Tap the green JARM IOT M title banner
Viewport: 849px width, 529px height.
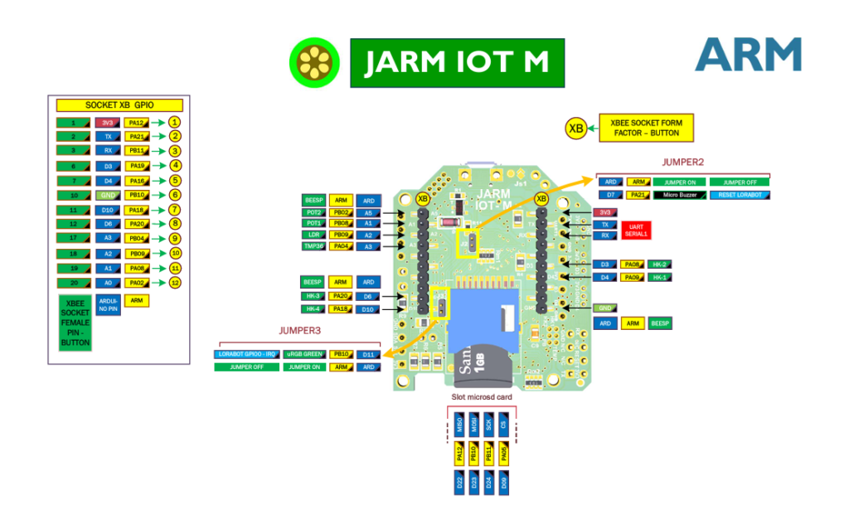pos(457,63)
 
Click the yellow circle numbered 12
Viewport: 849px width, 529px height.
pos(174,282)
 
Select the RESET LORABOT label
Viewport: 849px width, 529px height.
pos(740,195)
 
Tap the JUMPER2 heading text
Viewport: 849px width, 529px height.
pos(684,162)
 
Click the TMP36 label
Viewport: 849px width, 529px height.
pos(313,246)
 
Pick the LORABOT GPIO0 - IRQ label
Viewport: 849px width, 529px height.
pos(247,354)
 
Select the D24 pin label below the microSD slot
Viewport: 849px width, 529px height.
pos(490,483)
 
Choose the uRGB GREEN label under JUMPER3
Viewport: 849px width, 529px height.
pos(304,354)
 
